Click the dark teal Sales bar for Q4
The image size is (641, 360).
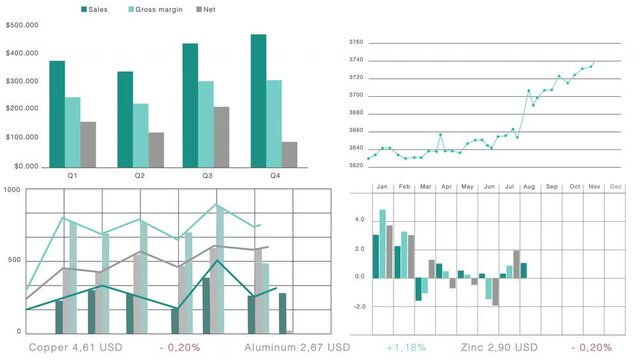pos(258,100)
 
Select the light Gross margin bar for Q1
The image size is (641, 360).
pos(73,131)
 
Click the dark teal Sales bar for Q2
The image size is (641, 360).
pos(125,118)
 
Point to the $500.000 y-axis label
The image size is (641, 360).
pos(22,24)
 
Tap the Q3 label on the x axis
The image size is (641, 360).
pos(207,176)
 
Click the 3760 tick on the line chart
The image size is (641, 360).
pos(356,42)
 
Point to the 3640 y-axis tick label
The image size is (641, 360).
pos(356,148)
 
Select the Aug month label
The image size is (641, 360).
pos(529,186)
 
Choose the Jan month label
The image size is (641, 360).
pos(381,186)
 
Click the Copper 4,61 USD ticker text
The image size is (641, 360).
pos(75,347)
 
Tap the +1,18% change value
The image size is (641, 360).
pos(405,347)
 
